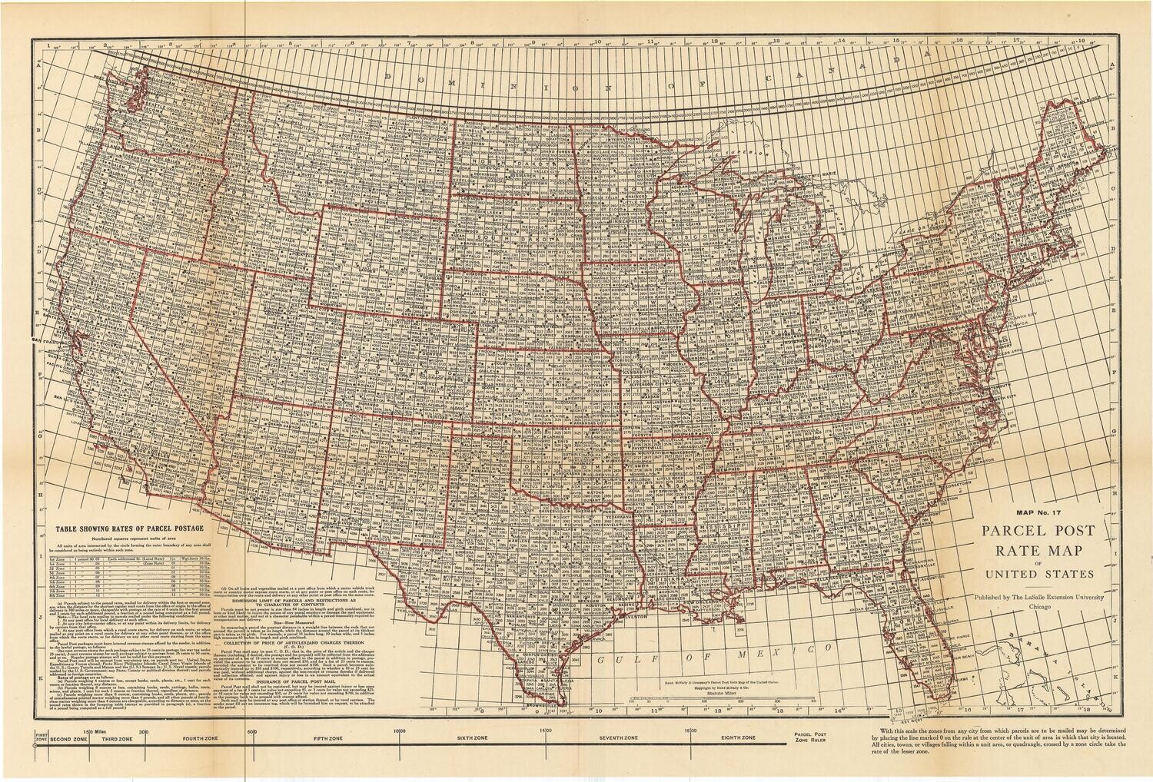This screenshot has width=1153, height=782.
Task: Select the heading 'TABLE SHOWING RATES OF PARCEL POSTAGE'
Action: click(128, 529)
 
